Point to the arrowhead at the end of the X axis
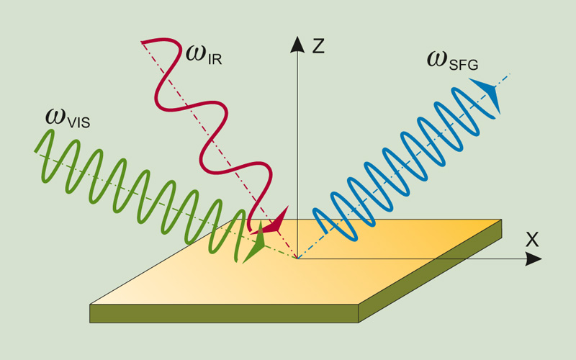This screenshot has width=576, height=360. [x=534, y=258]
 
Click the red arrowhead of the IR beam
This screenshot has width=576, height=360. [x=275, y=222]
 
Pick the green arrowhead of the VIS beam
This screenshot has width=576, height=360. [x=253, y=246]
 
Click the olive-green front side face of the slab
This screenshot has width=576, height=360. [x=224, y=313]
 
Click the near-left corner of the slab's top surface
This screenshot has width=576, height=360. [x=91, y=305]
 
